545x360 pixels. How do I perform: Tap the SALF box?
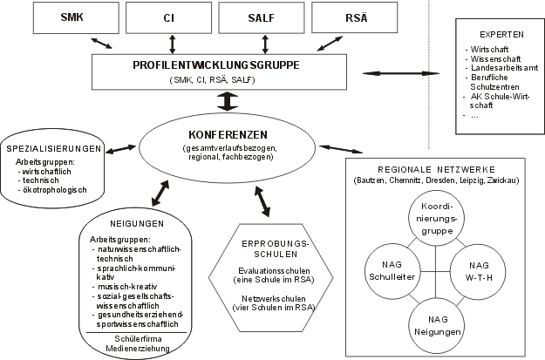[259, 17]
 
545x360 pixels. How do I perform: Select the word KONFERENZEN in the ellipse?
[226, 135]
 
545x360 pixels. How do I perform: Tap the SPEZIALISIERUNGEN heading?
[58, 148]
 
